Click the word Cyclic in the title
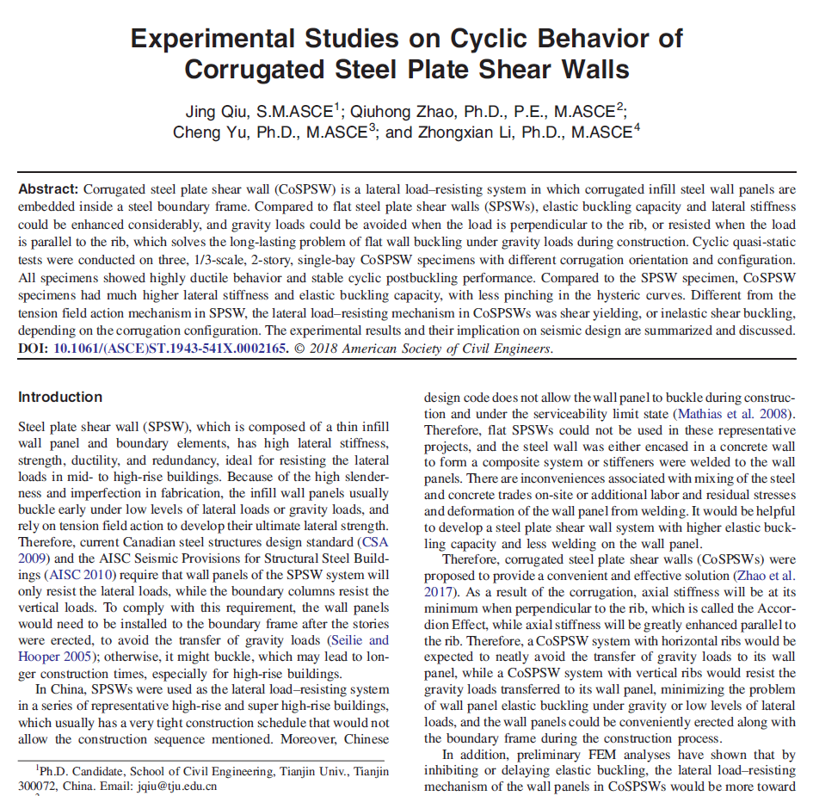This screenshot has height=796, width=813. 508,38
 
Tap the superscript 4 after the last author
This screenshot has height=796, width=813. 637,128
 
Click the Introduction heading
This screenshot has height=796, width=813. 60,397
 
